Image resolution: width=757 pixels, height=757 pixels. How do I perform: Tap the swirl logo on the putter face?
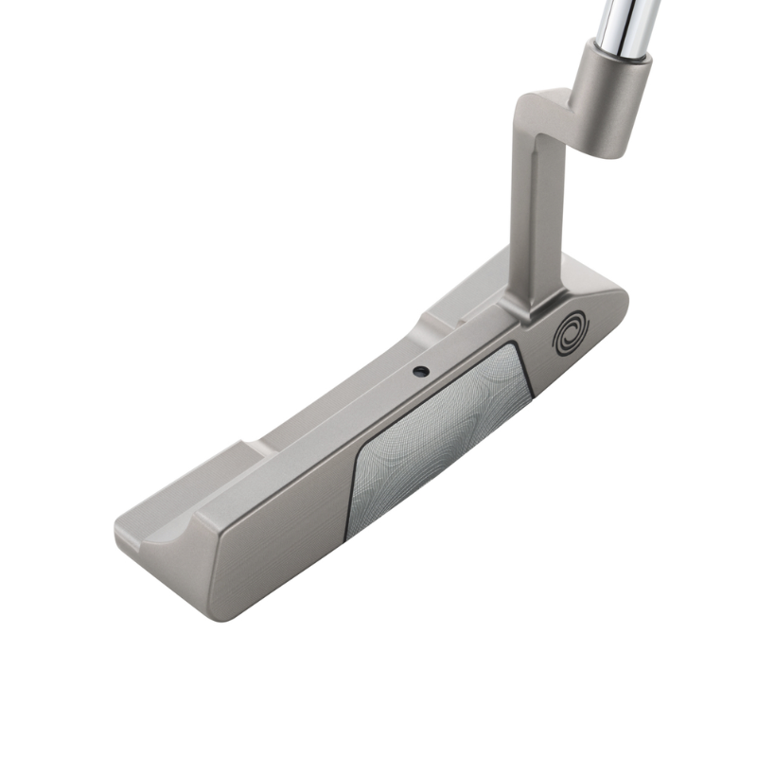click(570, 333)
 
